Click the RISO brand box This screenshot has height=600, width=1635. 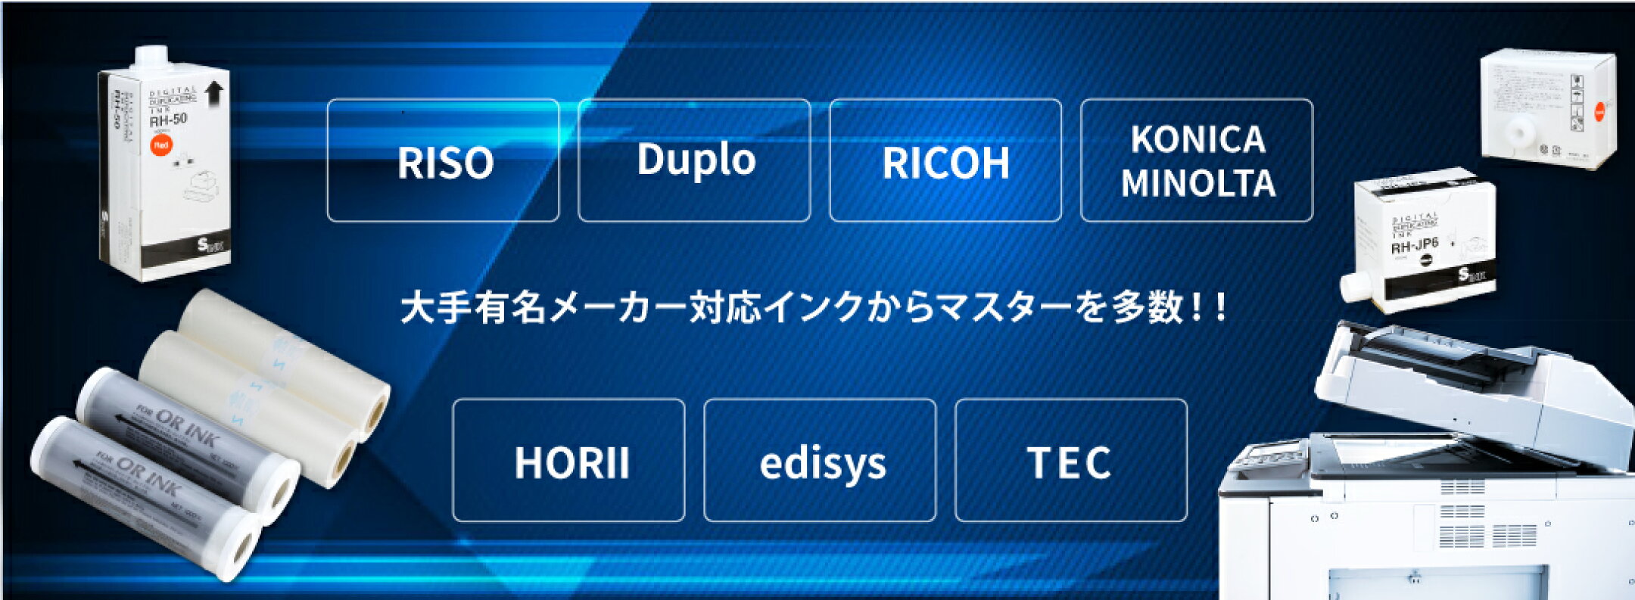(x=444, y=160)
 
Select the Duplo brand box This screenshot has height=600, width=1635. (x=694, y=160)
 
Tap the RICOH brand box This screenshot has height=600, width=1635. (x=945, y=160)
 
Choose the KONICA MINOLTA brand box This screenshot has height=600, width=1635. (x=1197, y=160)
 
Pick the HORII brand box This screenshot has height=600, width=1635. (x=569, y=461)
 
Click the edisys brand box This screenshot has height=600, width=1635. (x=821, y=461)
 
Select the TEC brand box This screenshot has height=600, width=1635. (x=1071, y=461)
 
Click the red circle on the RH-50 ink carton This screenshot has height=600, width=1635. (x=161, y=145)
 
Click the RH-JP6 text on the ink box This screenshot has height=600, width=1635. (x=1414, y=245)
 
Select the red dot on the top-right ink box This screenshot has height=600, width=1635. (x=1599, y=112)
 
